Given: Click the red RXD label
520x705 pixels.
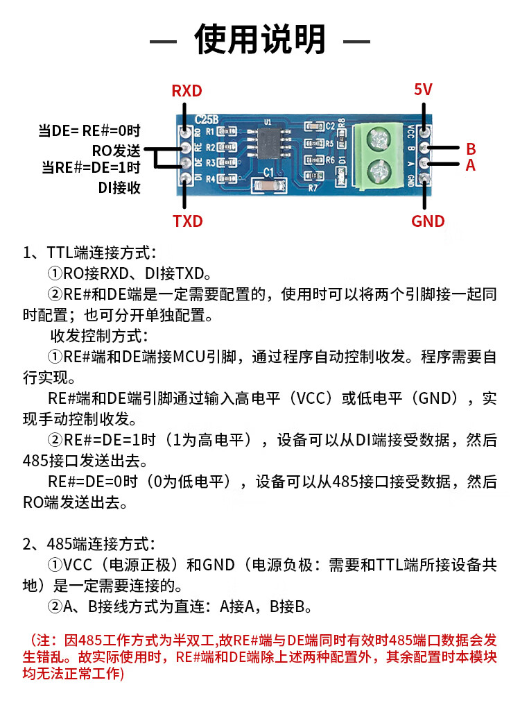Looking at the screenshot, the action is point(187,90).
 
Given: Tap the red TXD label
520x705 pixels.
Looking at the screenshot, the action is point(188,221).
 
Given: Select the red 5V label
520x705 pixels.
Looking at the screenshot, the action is point(422,89).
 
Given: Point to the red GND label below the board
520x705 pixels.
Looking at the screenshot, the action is point(427,221).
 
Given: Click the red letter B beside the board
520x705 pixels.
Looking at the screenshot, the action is point(471,148).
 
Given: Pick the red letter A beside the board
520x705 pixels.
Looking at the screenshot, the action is point(471,165).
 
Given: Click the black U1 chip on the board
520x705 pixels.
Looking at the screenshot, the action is point(270,142).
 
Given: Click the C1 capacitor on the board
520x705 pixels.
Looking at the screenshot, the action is point(269,185).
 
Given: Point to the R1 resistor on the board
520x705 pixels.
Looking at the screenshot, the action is point(227,132).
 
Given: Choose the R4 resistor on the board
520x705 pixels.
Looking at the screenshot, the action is point(227,178).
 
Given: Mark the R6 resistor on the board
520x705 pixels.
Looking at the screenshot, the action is point(314,160).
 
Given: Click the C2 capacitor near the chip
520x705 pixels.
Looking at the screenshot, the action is point(314,126).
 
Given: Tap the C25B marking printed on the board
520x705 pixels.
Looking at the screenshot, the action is point(207,119).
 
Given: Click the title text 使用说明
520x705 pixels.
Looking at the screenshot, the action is point(260,40).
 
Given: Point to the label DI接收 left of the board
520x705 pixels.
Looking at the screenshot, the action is point(119,187).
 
